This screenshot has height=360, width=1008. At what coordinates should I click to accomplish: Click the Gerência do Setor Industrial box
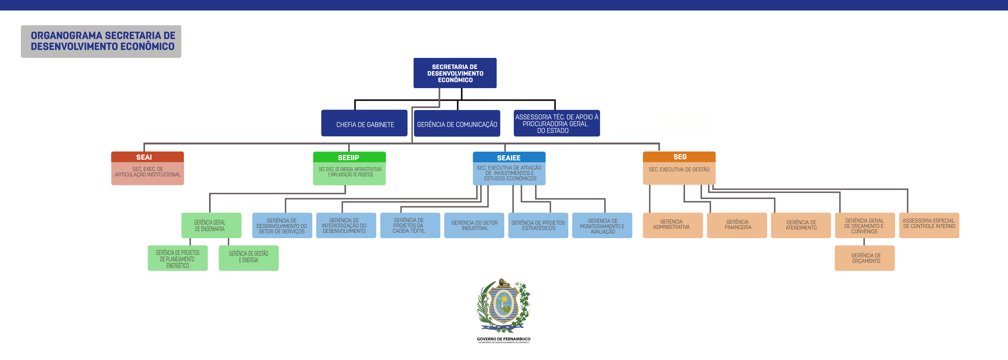pyautogui.click(x=474, y=225)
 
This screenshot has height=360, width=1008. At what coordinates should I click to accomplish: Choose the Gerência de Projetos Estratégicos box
pyautogui.click(x=538, y=225)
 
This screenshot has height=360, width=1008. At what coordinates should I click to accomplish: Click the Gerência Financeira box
pyautogui.click(x=737, y=225)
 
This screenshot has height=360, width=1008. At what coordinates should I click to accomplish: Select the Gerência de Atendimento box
pyautogui.click(x=801, y=225)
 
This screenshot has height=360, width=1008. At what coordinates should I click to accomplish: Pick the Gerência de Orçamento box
pyautogui.click(x=865, y=258)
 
